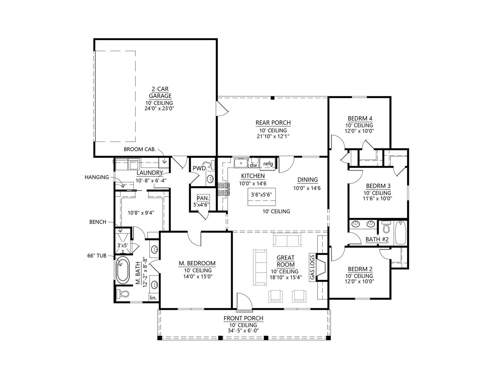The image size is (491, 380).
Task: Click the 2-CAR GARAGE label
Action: (160, 92)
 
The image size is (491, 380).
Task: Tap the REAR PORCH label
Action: (273, 123)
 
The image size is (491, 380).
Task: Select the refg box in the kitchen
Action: (268, 164)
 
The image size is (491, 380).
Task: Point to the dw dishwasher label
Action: (253, 165)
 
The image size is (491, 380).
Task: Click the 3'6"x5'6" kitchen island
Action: (261, 197)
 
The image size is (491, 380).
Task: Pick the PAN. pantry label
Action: (203, 198)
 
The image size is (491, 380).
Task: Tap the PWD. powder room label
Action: (200, 168)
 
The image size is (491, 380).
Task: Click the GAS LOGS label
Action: (312, 267)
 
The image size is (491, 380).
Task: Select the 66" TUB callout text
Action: (97, 256)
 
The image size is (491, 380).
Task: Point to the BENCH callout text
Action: (98, 222)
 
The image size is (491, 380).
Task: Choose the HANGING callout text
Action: (97, 177)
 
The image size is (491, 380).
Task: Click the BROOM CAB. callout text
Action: (140, 149)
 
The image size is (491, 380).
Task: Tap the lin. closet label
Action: (153, 298)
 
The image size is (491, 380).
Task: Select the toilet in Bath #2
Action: (386, 227)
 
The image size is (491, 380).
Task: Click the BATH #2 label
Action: (377, 239)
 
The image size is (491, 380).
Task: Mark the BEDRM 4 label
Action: (360, 118)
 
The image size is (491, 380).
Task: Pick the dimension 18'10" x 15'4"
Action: (285, 277)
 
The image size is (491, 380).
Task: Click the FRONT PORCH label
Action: (243, 318)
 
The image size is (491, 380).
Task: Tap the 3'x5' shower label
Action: (123, 245)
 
